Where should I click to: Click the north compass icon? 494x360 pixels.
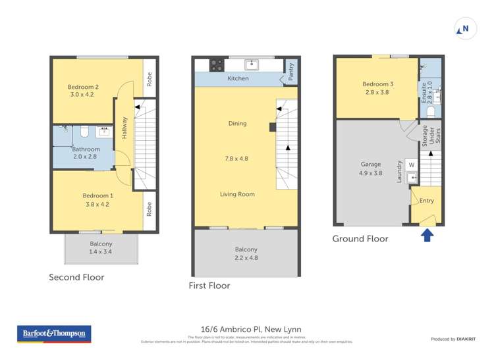tap(464, 29)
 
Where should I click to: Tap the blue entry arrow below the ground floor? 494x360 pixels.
tap(427, 235)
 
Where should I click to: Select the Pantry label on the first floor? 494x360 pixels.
tap(290, 73)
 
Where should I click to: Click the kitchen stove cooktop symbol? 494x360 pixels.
tap(216, 64)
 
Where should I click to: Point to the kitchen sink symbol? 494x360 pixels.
tap(252, 64)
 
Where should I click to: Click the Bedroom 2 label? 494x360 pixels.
tap(83, 87)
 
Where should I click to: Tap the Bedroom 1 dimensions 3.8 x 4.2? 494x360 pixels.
tap(97, 204)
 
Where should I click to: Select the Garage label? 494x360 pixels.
tap(371, 165)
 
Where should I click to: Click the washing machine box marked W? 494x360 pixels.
tap(412, 165)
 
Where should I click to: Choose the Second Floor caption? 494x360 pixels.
tap(76, 277)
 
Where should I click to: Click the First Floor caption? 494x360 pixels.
tap(209, 286)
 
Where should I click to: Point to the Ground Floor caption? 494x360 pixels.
tap(360, 239)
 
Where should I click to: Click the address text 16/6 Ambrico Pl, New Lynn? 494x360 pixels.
tap(250, 329)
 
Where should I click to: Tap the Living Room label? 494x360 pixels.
tap(237, 194)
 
